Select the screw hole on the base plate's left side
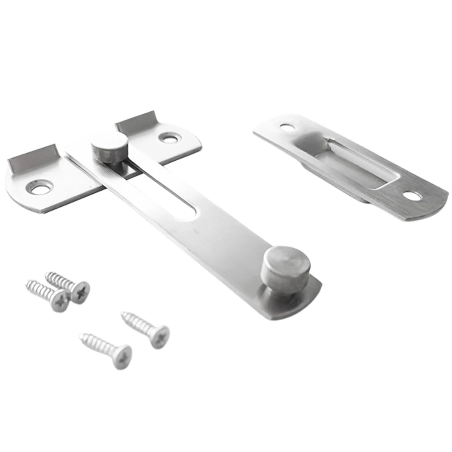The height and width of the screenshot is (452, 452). pos(39,187)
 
